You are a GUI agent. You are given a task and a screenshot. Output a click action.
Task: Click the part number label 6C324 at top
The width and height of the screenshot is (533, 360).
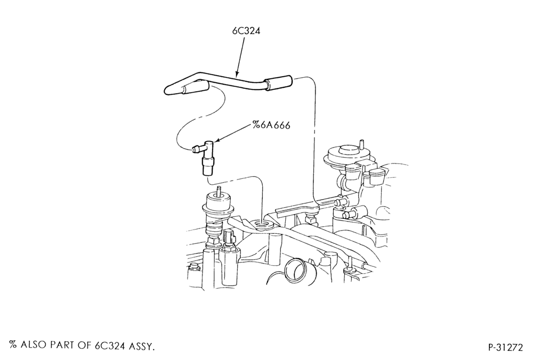(x=246, y=31)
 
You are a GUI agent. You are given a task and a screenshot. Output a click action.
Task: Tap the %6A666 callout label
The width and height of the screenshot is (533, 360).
(x=271, y=125)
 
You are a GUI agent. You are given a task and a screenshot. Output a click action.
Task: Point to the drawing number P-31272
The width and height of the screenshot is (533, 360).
(x=505, y=347)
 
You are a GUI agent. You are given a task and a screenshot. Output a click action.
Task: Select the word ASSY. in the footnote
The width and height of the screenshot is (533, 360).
(x=142, y=346)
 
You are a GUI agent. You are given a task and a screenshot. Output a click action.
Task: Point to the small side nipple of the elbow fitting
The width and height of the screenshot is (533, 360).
(x=196, y=149)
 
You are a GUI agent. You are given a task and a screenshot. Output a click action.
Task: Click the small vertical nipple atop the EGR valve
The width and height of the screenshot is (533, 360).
(x=362, y=144)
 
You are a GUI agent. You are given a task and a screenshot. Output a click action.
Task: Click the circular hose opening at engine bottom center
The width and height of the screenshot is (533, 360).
(x=295, y=269)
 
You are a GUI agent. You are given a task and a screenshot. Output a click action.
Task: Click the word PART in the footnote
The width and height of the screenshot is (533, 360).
(x=63, y=345)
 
